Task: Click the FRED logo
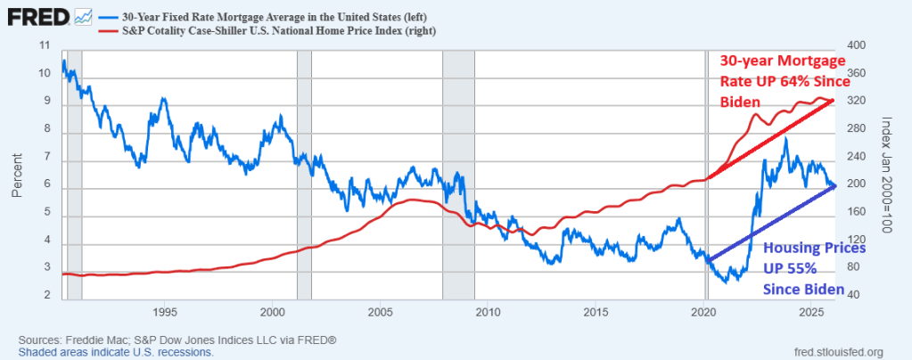(33, 14)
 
